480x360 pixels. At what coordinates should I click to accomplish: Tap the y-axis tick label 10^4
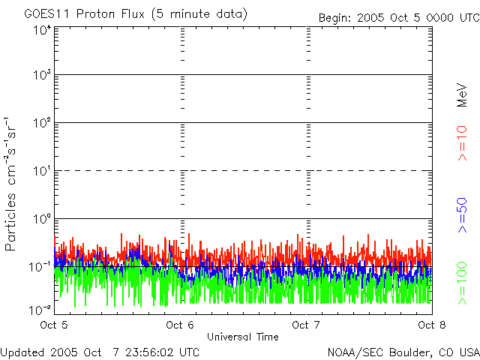(42, 31)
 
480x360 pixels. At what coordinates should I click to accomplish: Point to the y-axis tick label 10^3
(42, 76)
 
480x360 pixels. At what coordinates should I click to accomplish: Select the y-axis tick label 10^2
(42, 123)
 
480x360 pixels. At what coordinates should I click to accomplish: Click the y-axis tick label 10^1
(42, 171)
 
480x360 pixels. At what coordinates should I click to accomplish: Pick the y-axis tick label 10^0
(42, 219)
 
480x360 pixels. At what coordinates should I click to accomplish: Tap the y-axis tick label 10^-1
(40, 267)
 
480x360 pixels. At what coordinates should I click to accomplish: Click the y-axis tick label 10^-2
(40, 309)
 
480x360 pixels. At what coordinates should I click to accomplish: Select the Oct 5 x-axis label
(55, 325)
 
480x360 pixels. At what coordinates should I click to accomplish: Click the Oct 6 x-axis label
(181, 325)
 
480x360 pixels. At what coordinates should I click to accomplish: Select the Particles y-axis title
(13, 184)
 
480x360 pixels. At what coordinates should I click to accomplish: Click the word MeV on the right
(462, 95)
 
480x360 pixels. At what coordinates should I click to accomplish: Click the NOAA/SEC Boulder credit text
(403, 352)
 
